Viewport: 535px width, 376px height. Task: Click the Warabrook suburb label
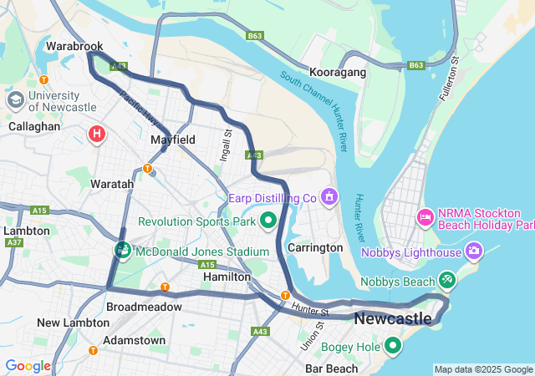coord(74,45)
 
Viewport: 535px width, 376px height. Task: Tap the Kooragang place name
coord(338,73)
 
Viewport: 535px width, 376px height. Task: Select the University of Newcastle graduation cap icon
coord(15,100)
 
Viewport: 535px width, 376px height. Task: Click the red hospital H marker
coord(97,133)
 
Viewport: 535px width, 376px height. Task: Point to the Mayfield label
coord(173,140)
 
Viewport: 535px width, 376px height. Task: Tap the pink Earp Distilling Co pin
coord(329,196)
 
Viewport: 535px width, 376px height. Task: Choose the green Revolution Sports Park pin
coord(268,221)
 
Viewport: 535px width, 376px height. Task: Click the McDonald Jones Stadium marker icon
coord(123,251)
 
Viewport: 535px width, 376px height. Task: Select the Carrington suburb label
coord(314,247)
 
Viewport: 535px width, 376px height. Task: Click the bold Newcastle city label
coord(393,318)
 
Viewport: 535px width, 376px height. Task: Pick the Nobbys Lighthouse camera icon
coord(474,251)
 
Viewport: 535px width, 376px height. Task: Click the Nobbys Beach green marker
coord(447,281)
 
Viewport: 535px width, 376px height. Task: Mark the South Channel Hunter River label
coord(315,104)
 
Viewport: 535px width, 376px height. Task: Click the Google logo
coord(28,366)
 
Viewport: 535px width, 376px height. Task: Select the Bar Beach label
coord(332,368)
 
